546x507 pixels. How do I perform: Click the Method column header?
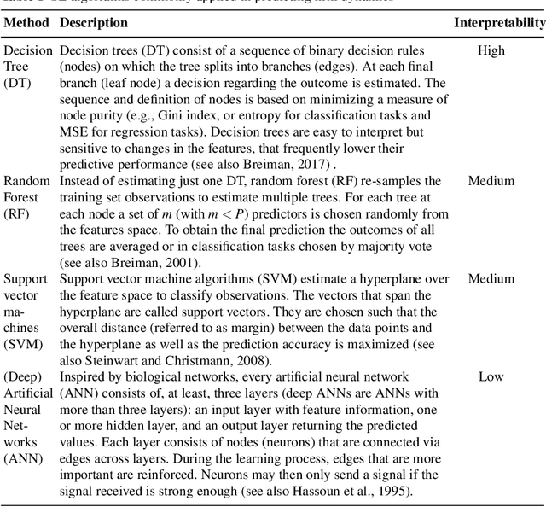click(x=26, y=21)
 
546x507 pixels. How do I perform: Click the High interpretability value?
click(x=491, y=51)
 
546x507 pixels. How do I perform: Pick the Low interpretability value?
click(x=491, y=376)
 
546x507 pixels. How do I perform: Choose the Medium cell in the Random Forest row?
click(x=491, y=181)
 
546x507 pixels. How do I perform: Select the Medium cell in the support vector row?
click(x=491, y=279)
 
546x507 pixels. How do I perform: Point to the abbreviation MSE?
click(x=75, y=132)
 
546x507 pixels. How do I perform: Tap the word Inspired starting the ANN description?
click(x=83, y=376)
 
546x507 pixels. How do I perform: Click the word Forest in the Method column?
click(x=21, y=197)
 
